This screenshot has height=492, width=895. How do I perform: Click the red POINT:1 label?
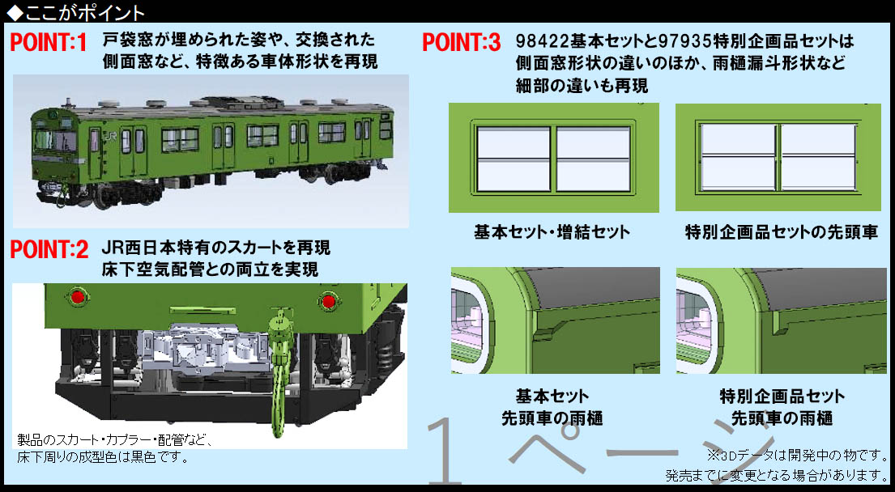tap(48, 43)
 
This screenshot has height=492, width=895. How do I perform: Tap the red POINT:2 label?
tap(49, 249)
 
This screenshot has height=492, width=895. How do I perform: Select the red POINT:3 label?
tap(462, 42)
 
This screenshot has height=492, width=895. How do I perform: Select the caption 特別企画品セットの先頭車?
tap(781, 232)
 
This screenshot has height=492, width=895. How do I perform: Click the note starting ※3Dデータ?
tap(798, 454)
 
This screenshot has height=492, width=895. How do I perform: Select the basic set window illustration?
tap(553, 158)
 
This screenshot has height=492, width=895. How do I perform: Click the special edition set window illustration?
tap(778, 158)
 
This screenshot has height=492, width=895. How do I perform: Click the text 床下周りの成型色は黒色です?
tap(102, 457)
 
